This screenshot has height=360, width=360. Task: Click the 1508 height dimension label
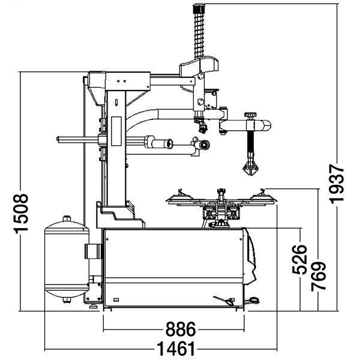[x=21, y=214]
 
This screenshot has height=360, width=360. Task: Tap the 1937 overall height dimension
[x=337, y=184]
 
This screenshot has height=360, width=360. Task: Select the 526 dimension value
[x=299, y=259]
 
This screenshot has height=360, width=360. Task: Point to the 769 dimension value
[x=319, y=276]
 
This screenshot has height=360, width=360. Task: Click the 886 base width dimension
[x=181, y=329]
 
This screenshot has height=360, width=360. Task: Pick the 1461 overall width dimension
[x=176, y=349]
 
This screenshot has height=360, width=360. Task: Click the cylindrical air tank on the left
[x=67, y=259]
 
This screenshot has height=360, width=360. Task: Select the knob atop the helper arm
[x=250, y=115]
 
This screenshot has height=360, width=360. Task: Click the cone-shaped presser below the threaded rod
[x=250, y=169]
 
